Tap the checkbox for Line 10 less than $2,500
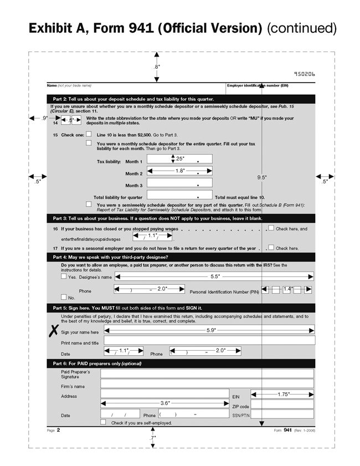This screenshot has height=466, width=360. coord(89,134)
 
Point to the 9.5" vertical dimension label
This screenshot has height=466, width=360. coord(262,177)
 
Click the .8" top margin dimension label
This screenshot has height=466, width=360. coord(157,66)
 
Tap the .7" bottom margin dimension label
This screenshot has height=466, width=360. coord(153,438)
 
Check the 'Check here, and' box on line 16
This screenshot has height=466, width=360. coord(271,228)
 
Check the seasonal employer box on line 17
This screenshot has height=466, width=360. coord(271,248)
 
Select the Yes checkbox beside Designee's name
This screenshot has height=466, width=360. coord(64,276)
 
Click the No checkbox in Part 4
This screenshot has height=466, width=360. coord(64,297)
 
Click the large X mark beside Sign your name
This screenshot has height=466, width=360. coord(54,331)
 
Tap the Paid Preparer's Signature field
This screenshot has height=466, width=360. coord(207,374)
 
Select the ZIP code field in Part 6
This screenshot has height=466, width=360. coord(282,404)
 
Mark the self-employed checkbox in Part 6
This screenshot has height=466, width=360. coord(103,422)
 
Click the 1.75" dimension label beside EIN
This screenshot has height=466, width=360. coord(283,394)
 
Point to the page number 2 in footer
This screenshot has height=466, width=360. coord(58,429)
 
